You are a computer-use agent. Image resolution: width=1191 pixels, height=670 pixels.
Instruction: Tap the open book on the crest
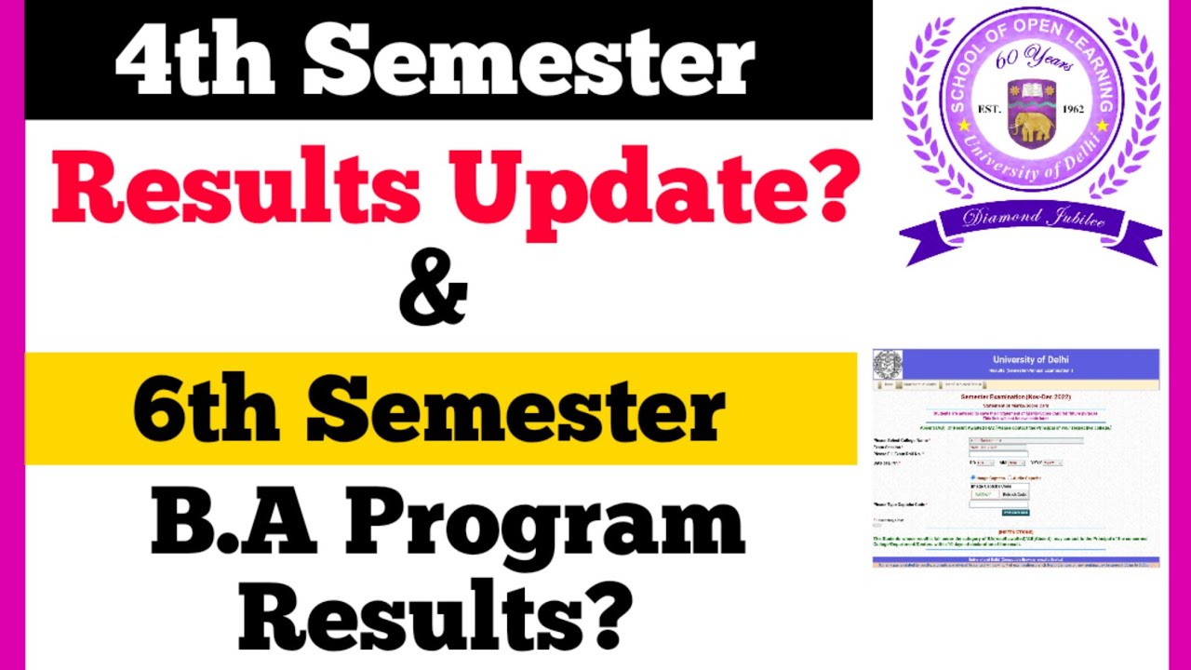coord(1032,92)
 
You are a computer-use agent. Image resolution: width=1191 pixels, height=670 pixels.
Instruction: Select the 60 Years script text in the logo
coord(1034,60)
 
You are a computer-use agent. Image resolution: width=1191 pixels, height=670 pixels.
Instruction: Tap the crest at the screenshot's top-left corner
coord(887,363)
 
